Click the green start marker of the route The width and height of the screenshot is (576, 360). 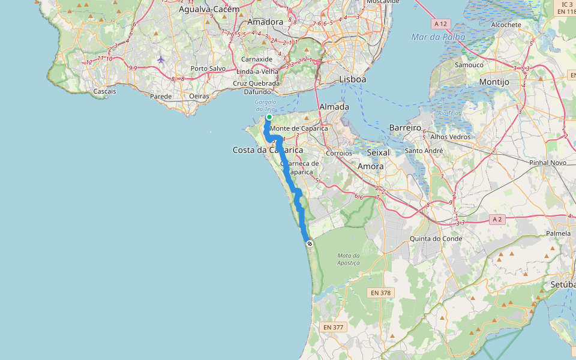(269, 117)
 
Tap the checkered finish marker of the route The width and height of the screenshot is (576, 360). (310, 244)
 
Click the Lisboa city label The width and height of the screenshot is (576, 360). (352, 79)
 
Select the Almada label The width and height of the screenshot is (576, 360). (334, 106)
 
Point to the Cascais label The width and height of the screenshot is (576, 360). (105, 91)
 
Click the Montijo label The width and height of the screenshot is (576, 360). (494, 82)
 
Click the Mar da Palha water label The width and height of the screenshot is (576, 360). (438, 37)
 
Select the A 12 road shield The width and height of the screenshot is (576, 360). (440, 23)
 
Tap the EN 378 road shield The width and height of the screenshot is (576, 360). (381, 293)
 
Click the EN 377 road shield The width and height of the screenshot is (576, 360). (334, 327)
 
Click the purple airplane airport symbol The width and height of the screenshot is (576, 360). (161, 59)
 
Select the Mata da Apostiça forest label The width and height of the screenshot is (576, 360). (348, 259)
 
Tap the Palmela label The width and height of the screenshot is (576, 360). (558, 233)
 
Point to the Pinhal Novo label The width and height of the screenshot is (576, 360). (548, 163)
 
